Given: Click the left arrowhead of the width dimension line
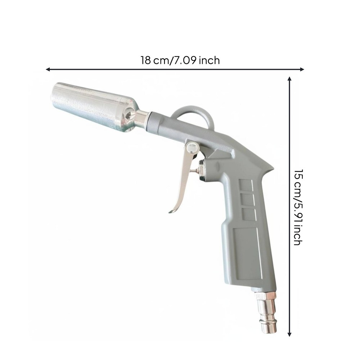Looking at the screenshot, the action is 48,69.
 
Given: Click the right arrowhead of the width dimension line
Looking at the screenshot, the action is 302,69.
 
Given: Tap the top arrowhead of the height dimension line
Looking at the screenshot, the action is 289,79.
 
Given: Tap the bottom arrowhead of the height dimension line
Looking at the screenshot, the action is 289,334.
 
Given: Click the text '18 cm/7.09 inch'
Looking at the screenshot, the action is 180,60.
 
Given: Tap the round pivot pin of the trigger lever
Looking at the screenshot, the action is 192,147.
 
